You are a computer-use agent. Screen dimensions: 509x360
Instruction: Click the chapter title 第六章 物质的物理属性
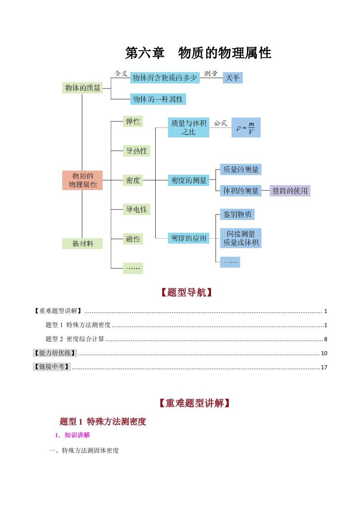click(198, 53)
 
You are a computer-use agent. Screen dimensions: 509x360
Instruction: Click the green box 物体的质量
click(83, 88)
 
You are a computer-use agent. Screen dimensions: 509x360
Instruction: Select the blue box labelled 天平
click(232, 78)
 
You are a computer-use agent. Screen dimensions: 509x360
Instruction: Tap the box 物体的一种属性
click(158, 99)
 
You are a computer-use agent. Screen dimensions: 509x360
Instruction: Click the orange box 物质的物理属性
click(83, 180)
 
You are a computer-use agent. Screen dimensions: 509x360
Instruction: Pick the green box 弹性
click(133, 122)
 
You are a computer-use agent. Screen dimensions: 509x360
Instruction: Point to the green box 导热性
click(136, 151)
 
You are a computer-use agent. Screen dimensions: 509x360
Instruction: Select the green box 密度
click(133, 180)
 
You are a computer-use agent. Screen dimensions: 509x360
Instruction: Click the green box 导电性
click(136, 210)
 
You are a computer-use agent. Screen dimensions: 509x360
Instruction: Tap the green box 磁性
click(133, 239)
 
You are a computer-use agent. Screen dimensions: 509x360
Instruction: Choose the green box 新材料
click(83, 244)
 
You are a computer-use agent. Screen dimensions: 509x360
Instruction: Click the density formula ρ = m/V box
click(246, 128)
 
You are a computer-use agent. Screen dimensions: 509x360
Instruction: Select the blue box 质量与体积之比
click(188, 127)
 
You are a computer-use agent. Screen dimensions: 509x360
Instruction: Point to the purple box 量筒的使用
click(290, 191)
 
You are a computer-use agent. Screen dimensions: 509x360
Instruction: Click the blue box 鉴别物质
click(237, 215)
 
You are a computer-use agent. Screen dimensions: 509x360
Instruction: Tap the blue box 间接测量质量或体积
click(241, 238)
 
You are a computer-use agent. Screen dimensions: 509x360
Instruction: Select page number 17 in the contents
click(324, 367)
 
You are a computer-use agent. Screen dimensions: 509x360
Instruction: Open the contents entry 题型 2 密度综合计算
click(75, 339)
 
